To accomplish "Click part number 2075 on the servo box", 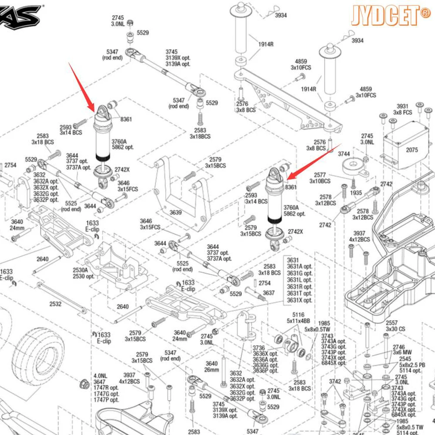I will (412, 150).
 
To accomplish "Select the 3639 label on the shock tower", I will (176, 213).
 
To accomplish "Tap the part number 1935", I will (356, 193).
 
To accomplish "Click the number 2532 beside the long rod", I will (55, 304).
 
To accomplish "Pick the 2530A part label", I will (80, 270).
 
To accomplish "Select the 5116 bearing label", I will (298, 315).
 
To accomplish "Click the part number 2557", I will (391, 323).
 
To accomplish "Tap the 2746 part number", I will (398, 347).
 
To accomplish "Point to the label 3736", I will (259, 348).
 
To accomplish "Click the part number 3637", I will (269, 293).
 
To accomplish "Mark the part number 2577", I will (320, 175).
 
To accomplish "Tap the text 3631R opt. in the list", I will (299, 287).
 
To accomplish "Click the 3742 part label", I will (335, 381).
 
